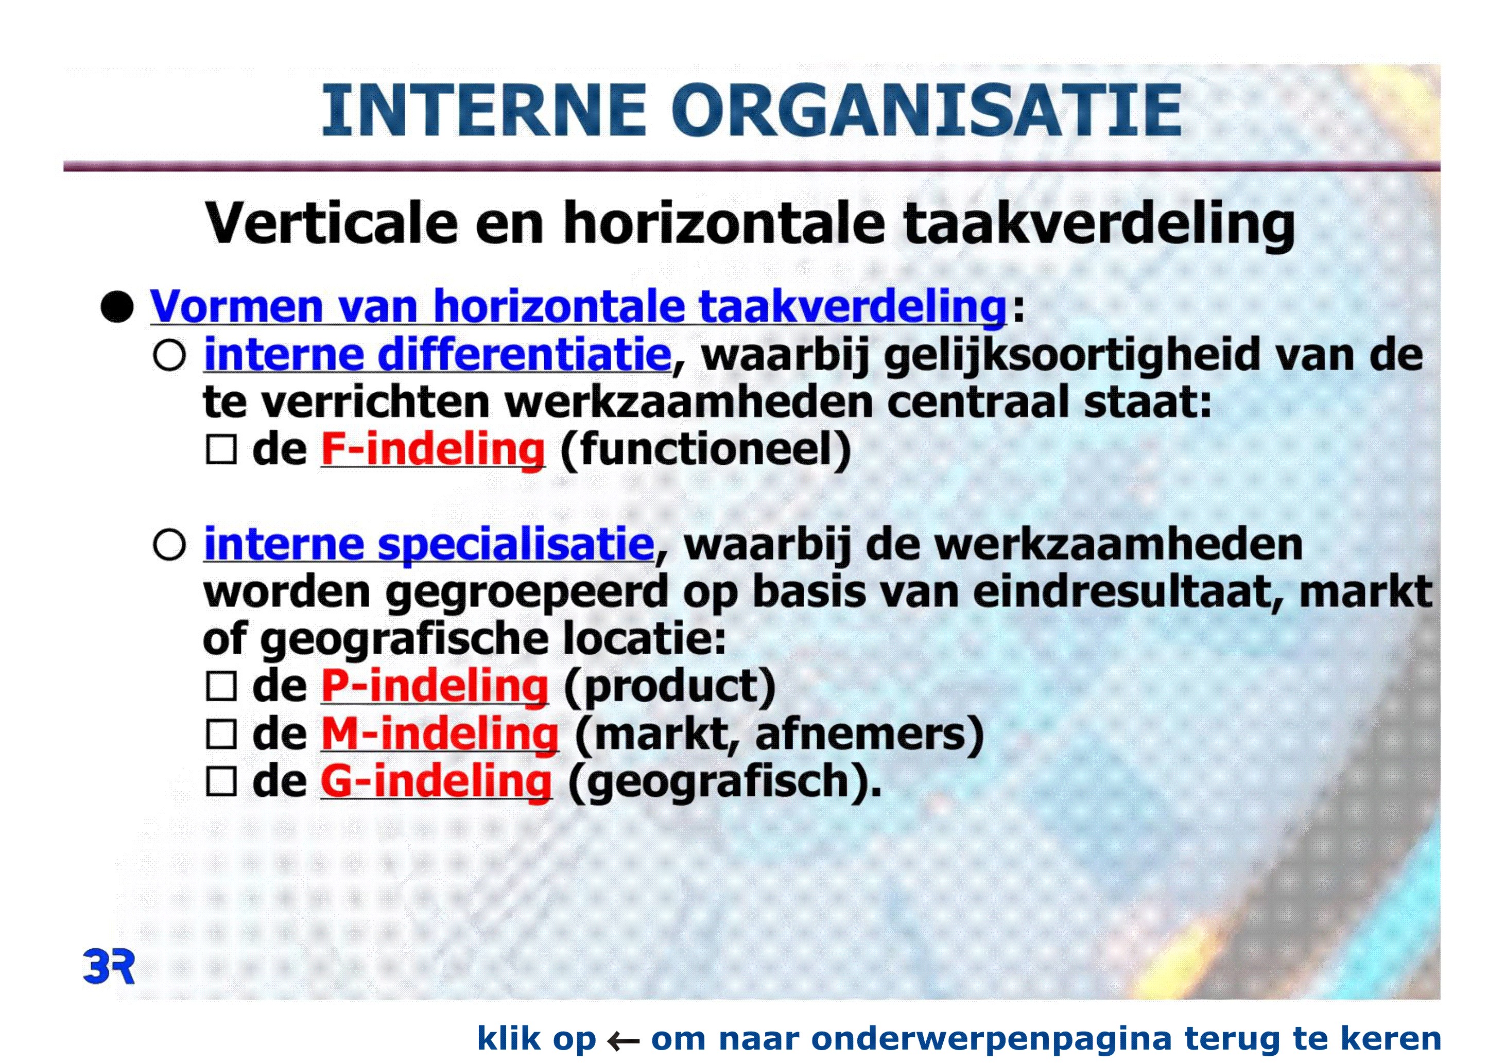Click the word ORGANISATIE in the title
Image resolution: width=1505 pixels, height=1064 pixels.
(926, 110)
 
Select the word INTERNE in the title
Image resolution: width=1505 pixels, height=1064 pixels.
(483, 110)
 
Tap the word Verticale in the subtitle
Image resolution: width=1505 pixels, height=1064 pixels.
(331, 223)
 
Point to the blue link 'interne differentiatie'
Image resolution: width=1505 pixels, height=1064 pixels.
(438, 355)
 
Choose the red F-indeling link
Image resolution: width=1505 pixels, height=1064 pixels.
(433, 450)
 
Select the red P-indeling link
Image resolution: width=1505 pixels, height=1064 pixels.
(434, 686)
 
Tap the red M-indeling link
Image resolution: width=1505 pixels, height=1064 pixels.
(440, 734)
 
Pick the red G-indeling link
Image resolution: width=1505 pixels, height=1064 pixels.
(436, 781)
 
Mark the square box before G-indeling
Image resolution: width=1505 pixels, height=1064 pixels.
(221, 781)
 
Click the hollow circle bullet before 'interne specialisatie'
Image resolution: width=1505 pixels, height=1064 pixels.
(169, 545)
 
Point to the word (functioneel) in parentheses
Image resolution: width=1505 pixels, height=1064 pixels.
(705, 450)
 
